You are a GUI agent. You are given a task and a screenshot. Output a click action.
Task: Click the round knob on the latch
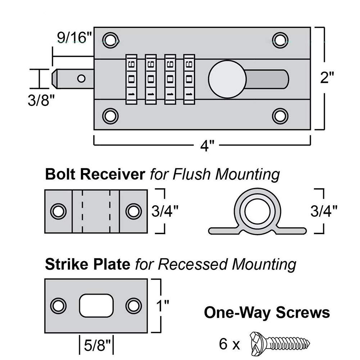(x=227, y=78)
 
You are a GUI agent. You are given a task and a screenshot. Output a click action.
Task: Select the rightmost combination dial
(x=189, y=79)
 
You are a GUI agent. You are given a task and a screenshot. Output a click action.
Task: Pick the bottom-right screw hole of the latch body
(x=279, y=116)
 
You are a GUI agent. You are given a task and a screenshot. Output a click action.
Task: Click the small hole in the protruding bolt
(x=81, y=78)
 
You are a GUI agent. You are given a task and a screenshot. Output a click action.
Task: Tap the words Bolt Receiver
(x=94, y=175)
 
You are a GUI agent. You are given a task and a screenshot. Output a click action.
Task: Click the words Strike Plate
(x=87, y=265)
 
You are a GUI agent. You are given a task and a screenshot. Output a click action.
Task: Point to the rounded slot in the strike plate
(x=96, y=305)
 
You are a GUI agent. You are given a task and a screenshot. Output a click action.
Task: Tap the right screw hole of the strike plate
(x=133, y=306)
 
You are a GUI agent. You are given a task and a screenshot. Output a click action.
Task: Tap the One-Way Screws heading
(x=267, y=312)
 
